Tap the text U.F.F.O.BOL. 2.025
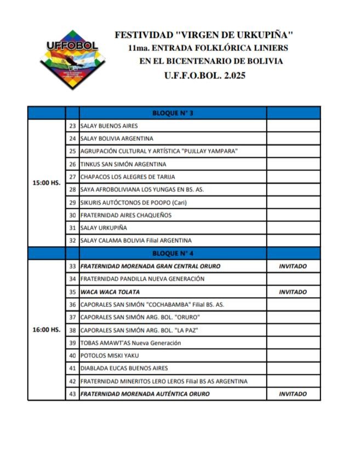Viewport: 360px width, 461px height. pyautogui.click(x=205, y=76)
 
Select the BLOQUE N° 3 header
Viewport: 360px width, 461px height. pyautogui.click(x=173, y=113)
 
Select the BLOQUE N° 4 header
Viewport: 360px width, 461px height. pyautogui.click(x=173, y=253)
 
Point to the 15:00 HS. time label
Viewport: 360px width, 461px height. pyautogui.click(x=47, y=183)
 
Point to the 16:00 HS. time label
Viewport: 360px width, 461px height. pyautogui.click(x=47, y=330)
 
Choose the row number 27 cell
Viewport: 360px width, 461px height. pyautogui.click(x=72, y=177)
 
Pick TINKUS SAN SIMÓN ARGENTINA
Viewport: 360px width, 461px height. pyautogui.click(x=123, y=164)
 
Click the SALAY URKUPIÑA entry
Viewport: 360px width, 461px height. pyautogui.click(x=104, y=228)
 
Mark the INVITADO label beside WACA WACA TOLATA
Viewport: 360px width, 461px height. pyautogui.click(x=293, y=292)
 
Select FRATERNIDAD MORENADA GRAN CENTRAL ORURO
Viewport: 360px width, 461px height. pyautogui.click(x=150, y=266)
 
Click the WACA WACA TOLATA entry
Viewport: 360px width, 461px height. pyautogui.click(x=110, y=292)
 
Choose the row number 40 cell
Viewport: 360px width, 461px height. pyautogui.click(x=72, y=356)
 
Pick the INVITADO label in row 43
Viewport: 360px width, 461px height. pyautogui.click(x=293, y=394)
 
